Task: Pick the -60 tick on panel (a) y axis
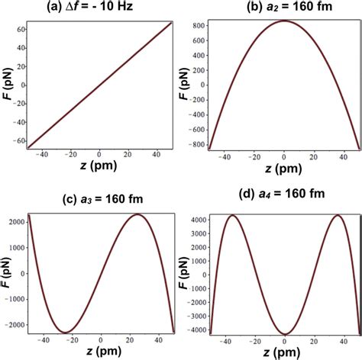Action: (17, 142)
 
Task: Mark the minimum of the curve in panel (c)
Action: (66, 333)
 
